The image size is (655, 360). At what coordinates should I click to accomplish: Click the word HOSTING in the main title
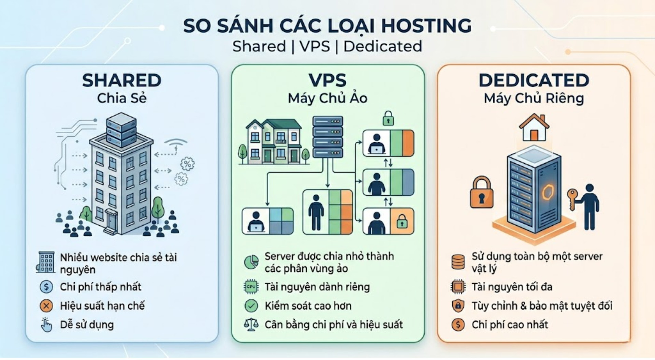[x=426, y=26]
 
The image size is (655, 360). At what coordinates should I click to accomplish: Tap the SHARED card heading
[x=122, y=80]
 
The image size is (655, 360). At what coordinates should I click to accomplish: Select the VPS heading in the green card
[x=327, y=80]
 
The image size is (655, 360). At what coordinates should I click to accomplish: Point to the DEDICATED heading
[x=534, y=80]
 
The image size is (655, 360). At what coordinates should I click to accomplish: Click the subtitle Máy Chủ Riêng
[x=534, y=99]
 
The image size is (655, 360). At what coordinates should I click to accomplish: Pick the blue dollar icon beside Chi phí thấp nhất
[x=46, y=287]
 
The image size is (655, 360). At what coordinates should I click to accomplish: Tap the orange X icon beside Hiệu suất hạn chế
[x=46, y=306]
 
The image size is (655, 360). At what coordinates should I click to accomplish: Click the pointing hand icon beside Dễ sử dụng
[x=46, y=325]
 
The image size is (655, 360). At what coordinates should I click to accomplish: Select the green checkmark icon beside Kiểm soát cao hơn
[x=251, y=306]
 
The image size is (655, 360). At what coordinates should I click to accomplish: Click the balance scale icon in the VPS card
[x=251, y=325]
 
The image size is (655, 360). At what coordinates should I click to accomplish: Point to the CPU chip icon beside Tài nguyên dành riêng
[x=251, y=287]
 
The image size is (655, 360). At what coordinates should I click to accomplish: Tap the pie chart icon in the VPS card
[x=251, y=262]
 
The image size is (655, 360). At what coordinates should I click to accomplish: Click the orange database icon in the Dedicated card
[x=458, y=262]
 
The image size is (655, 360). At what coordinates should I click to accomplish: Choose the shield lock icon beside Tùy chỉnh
[x=458, y=306]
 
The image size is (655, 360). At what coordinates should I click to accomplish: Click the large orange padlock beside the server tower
[x=481, y=193]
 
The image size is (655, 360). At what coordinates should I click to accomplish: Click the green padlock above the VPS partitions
[x=388, y=118]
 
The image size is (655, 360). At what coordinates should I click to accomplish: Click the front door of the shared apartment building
[x=111, y=219]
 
